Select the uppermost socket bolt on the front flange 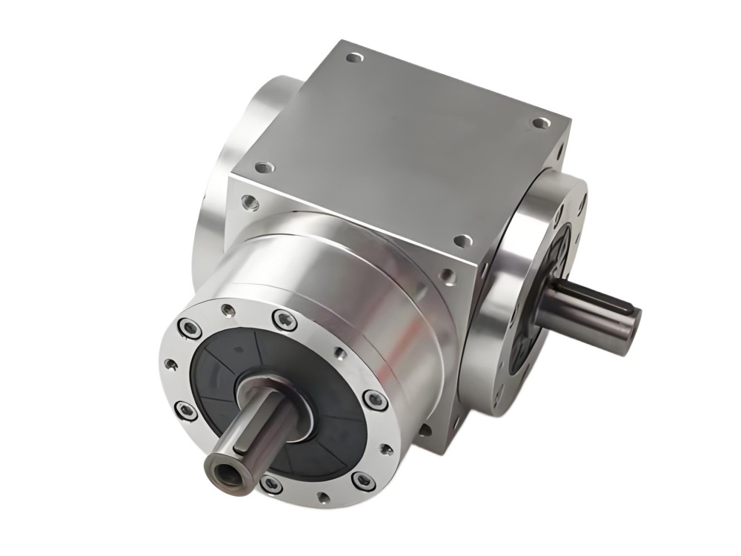pyautogui.click(x=284, y=319)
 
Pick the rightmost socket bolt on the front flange pyautogui.click(x=376, y=400)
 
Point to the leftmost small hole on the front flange pyautogui.click(x=170, y=364)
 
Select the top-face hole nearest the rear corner pyautogui.click(x=355, y=57)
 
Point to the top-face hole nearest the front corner pyautogui.click(x=462, y=241)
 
